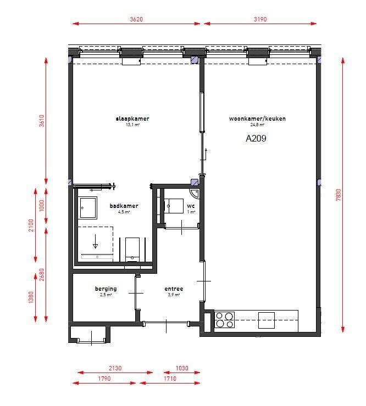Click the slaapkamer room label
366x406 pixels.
[132, 119]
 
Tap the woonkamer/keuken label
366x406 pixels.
[257, 119]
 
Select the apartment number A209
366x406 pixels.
[256, 138]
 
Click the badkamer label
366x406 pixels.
[124, 206]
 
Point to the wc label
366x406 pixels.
[191, 206]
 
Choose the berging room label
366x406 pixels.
[106, 289]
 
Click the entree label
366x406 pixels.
[174, 289]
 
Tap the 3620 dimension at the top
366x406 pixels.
[136, 19]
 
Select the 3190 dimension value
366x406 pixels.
[260, 19]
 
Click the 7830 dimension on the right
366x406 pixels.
[338, 195]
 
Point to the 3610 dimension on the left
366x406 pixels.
[42, 121]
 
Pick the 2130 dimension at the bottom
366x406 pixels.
[115, 368]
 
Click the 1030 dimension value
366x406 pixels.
[182, 368]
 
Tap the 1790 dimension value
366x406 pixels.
[104, 379]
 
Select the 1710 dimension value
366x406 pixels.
[170, 379]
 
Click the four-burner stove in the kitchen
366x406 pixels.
[225, 320]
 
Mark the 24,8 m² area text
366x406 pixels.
[257, 125]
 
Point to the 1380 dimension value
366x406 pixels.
[31, 297]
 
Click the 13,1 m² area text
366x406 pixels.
[132, 125]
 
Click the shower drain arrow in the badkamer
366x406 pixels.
[95, 241]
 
